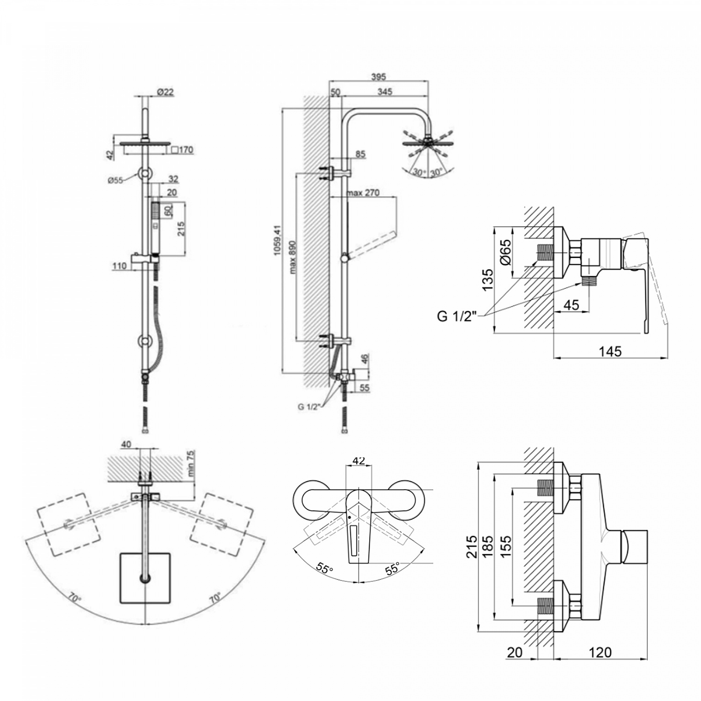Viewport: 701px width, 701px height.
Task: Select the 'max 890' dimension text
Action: tap(293, 257)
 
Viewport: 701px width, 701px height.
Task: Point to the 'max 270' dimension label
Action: tap(363, 193)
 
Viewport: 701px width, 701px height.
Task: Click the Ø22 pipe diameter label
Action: tap(165, 92)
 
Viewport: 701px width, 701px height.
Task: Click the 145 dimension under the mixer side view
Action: tap(610, 351)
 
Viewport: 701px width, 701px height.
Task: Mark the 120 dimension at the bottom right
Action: tap(600, 651)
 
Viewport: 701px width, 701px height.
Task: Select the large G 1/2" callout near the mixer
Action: tap(457, 316)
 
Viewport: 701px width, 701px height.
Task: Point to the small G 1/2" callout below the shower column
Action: tap(308, 407)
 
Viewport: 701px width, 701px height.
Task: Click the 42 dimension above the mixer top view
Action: tap(358, 461)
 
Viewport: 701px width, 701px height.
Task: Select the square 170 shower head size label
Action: tap(183, 150)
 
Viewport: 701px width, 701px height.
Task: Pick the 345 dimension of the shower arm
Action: tap(385, 92)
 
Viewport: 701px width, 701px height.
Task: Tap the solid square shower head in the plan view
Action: tap(145, 577)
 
